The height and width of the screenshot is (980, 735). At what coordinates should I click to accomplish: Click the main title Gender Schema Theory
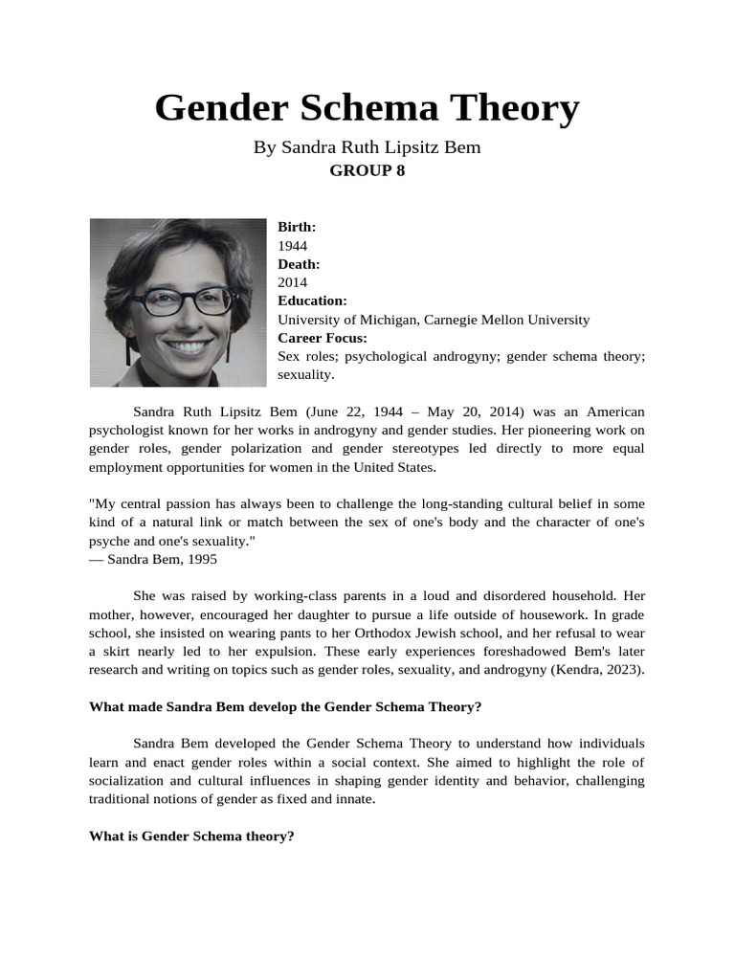coord(367,108)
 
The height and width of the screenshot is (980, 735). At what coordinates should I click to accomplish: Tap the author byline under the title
coord(367,147)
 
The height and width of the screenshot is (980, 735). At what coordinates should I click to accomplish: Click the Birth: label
coord(297,227)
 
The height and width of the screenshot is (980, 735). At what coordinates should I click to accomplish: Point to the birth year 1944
coord(293,246)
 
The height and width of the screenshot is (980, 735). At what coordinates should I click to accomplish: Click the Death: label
coord(299,264)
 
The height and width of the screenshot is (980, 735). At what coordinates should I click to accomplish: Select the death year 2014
coord(293,282)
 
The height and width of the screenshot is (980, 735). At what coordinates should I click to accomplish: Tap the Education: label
coord(312,301)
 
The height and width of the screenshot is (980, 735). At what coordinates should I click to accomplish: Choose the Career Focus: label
coord(323,338)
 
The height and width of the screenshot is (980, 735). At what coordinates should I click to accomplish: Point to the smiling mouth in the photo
coord(188,345)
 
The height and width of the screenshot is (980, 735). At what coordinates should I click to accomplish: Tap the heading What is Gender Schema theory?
coord(191,836)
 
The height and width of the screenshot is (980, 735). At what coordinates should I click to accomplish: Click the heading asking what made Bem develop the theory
coord(285,707)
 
